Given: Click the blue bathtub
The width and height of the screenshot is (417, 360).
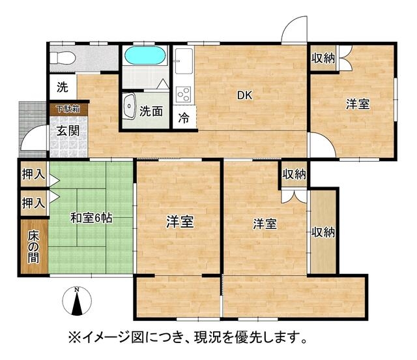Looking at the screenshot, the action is point(145,55).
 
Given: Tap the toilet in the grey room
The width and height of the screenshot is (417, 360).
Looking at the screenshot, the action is point(63,58).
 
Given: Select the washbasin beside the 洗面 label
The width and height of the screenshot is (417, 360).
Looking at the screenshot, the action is point(130,106).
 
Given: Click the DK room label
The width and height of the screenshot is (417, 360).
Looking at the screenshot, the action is point(244,95).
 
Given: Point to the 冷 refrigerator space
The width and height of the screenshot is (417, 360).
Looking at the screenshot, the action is point(184,117).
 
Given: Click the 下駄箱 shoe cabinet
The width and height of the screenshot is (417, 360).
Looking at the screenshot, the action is point(68,110).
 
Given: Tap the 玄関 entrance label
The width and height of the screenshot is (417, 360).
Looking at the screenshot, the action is point(68,130).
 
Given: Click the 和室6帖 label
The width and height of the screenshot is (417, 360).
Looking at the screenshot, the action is point(91,218).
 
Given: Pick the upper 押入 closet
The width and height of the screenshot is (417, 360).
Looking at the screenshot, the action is point(34,174).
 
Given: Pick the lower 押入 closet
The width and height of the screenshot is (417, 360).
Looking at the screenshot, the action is point(34,203).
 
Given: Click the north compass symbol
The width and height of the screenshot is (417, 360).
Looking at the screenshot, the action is point(77,301).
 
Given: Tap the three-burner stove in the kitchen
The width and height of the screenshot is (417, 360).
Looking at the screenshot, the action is point(184,95).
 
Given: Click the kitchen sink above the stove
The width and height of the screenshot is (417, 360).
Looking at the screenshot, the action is point(184,61).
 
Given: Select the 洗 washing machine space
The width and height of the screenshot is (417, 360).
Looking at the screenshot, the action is point(63,87).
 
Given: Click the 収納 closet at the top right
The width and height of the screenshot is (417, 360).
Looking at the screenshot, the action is point(323,58).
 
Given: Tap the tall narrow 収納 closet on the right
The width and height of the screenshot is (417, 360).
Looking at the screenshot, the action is point(323,232).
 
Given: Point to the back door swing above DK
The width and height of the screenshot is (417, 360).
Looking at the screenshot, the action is point(295,29).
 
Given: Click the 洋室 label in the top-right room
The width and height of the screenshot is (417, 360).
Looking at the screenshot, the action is point(358,104).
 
